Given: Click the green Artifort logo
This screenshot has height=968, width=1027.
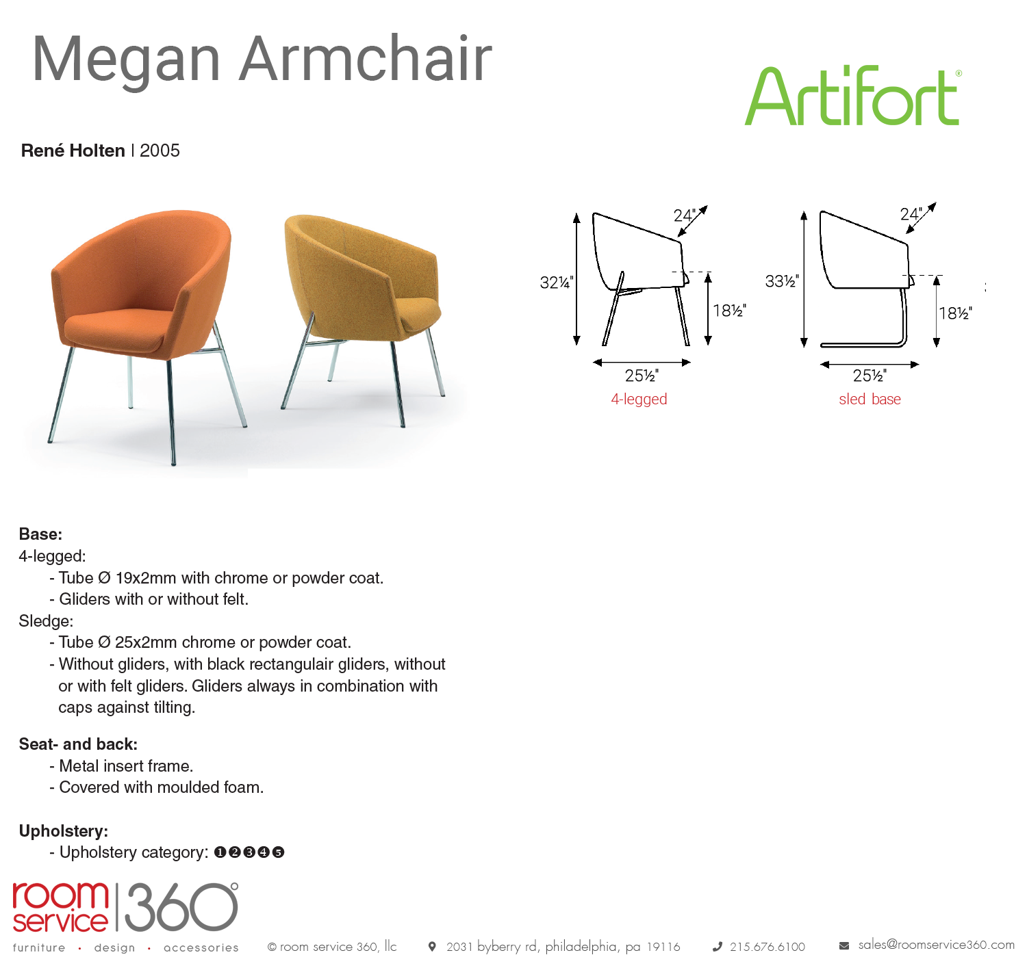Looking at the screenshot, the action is click(852, 96).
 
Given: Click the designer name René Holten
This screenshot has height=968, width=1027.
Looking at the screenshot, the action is click(73, 151).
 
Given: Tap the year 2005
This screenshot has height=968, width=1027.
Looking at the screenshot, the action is click(160, 151).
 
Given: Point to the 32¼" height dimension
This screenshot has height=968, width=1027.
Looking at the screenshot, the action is click(557, 283).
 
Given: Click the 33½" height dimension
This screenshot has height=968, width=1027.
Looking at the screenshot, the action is click(781, 281).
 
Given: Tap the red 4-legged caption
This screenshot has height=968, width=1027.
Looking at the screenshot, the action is click(639, 399).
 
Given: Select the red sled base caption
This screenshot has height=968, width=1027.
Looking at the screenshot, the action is click(870, 399).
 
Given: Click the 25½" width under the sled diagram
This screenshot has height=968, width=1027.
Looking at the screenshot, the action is click(870, 375).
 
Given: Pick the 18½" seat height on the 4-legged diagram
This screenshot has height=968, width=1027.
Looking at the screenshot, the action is click(729, 311).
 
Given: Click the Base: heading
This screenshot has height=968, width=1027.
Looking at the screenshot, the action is click(40, 534).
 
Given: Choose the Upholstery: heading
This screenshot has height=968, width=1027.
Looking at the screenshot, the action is click(64, 830).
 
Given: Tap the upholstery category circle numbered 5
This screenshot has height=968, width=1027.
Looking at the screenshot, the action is click(278, 852).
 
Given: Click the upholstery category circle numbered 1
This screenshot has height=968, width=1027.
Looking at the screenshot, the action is click(220, 852).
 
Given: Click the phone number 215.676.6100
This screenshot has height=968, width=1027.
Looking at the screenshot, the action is click(768, 947).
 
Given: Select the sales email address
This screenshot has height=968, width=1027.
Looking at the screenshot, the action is click(936, 945).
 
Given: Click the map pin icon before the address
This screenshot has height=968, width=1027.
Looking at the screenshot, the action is click(432, 946).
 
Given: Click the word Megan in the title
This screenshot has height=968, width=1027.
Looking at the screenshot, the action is click(127, 60).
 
